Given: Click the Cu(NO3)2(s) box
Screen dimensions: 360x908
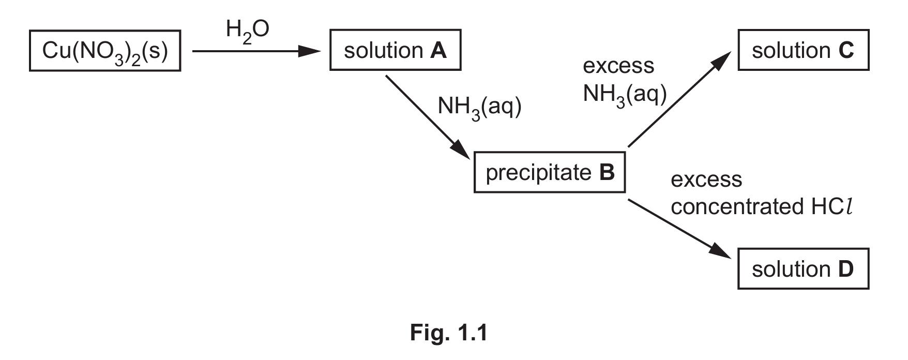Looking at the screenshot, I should (105, 51).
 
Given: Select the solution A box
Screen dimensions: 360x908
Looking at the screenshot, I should (395, 51).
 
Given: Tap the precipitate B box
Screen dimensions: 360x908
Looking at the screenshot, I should (550, 172).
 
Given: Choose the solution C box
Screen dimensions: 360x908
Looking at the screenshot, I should (803, 51).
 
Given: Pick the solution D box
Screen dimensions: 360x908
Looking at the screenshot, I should (803, 269).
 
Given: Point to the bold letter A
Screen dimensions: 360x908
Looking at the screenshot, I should (438, 51).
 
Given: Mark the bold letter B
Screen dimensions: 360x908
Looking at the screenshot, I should (607, 172).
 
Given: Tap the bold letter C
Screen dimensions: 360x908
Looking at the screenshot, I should (846, 51).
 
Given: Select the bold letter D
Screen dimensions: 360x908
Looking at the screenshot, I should (846, 269).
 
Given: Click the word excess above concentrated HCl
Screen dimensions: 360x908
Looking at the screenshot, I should (706, 180).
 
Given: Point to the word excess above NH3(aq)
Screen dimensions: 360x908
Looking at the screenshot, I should (618, 66).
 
